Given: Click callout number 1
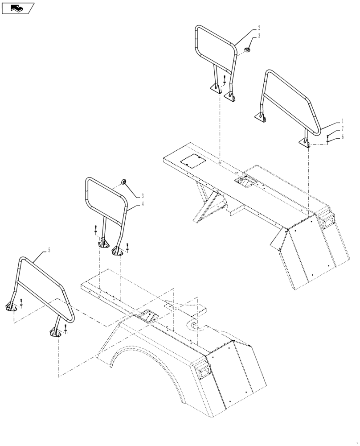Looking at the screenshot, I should (x=342, y=121).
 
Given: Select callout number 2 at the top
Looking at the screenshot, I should (x=259, y=27).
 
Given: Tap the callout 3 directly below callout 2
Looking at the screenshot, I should (x=259, y=35).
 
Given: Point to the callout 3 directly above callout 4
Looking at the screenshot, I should (x=142, y=195).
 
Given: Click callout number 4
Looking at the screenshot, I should (x=142, y=203).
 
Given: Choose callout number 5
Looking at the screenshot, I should (x=342, y=137).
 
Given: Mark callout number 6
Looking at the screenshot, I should (x=342, y=128).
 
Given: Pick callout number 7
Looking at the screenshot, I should (x=18, y=8).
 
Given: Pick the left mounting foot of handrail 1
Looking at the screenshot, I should (x=95, y=230).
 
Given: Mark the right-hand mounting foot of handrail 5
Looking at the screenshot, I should (x=127, y=246).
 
